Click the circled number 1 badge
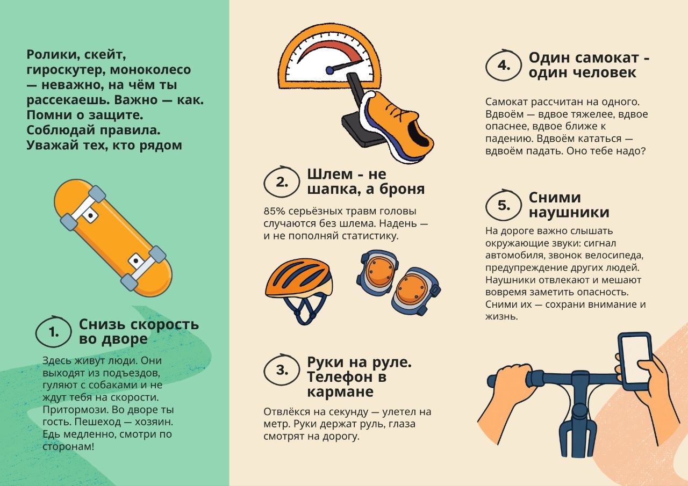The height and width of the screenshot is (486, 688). click(x=53, y=332)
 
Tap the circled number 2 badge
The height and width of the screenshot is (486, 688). click(x=281, y=182)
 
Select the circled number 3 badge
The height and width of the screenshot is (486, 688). click(x=281, y=370)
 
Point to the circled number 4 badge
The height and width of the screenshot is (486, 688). click(x=504, y=66)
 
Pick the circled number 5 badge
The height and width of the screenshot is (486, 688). click(x=504, y=205)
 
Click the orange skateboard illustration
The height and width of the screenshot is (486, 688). click(x=113, y=238)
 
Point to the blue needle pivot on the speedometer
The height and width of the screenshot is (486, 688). click(x=329, y=70)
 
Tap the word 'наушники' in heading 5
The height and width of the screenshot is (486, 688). click(x=569, y=212)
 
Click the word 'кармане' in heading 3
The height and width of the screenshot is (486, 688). click(x=340, y=392)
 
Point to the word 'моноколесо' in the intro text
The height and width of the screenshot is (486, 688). click(x=150, y=70)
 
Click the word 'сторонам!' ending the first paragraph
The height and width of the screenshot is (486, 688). click(x=68, y=446)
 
